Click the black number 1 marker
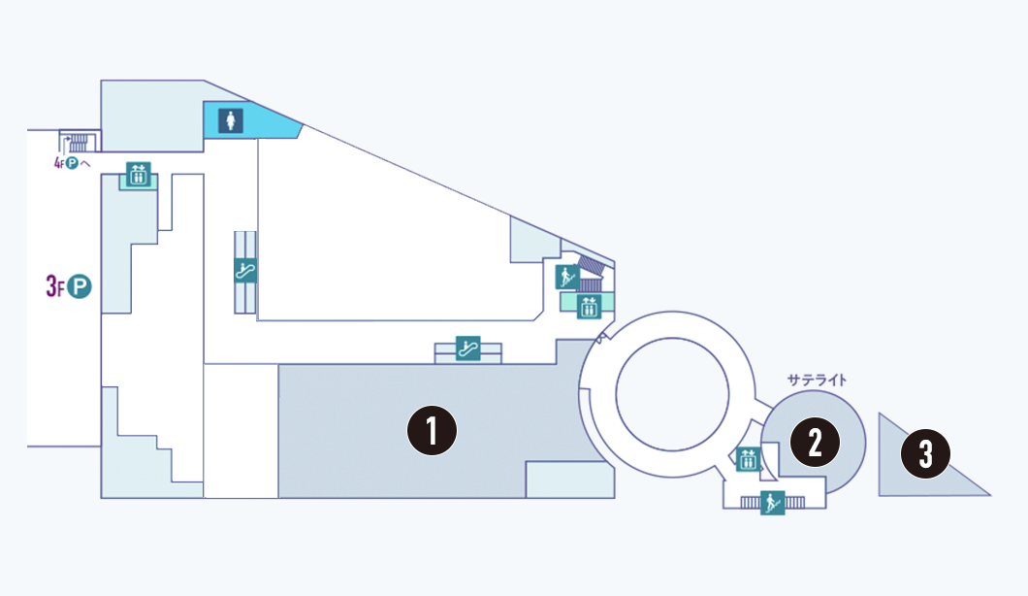pos(433,431)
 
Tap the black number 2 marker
pos(815,442)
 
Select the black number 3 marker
pos(925,453)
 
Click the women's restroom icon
pos(231,120)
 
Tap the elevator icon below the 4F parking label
pos(137,176)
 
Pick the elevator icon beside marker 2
pos(747,459)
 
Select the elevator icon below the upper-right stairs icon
pos(589,307)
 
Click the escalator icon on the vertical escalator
pos(245,271)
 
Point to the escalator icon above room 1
pos(469,349)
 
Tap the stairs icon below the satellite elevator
pos(772,502)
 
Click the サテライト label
pos(817,381)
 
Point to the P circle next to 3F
pos(79,286)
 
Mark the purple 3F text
pos(54,286)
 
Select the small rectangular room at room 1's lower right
pos(569,480)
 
